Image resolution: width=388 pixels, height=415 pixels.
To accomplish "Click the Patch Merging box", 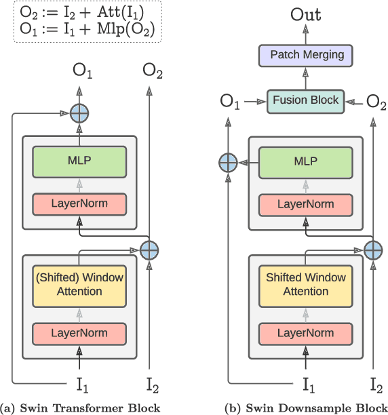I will pos(307,55).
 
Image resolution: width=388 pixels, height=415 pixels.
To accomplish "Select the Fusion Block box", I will pos(305,100).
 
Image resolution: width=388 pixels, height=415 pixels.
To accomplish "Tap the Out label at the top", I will pos(306,14).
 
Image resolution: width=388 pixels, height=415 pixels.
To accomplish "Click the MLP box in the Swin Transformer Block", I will pos(80,162).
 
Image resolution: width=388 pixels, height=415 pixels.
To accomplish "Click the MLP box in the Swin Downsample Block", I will pos(306,162).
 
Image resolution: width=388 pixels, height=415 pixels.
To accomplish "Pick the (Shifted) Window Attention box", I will pos(80,284).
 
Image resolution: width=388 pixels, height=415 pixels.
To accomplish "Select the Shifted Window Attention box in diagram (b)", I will pos(306,284).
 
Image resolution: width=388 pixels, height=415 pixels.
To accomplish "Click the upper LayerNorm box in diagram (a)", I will pos(80,203).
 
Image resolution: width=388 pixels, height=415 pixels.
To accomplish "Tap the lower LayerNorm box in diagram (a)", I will pos(80,332).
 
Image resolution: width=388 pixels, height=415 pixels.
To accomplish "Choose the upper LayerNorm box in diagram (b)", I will pos(306,203).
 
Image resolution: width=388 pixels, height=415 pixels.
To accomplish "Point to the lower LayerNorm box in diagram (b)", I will pos(306,332).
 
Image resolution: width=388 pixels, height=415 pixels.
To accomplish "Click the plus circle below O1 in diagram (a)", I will pos(80,113).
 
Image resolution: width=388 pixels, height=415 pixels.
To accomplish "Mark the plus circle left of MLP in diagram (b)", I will pos(228,162).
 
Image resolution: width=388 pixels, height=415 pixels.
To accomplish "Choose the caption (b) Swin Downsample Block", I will pos(305,408).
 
